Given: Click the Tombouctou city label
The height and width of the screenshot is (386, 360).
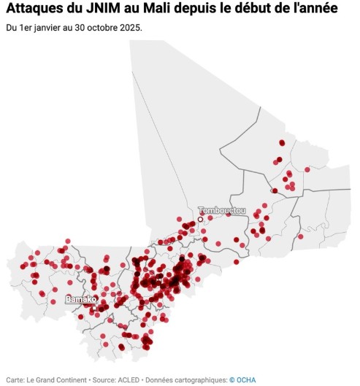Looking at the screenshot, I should [222, 210].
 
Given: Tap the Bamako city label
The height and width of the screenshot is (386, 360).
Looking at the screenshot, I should [80, 299].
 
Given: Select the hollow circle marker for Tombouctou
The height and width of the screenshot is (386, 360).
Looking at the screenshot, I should [200, 218].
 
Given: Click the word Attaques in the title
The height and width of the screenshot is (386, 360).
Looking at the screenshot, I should [36, 9].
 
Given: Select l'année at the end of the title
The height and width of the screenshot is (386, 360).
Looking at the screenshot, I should [332, 9].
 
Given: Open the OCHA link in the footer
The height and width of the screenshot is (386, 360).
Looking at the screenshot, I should [246, 379].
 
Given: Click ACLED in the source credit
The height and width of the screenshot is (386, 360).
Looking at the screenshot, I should [125, 379].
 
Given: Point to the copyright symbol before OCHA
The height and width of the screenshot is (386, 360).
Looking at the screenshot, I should [232, 379].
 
